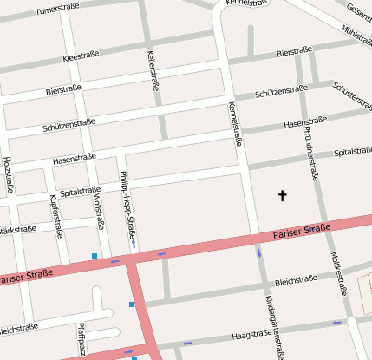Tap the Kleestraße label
coord(82,56)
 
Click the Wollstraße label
coord(97,212)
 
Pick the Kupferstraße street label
coord(55,217)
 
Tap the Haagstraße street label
coord(253,334)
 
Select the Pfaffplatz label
coord(82,340)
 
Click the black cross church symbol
coord(282,196)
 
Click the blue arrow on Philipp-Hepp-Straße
coord(134,244)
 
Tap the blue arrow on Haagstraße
coord(336,323)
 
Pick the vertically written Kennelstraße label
coord(233,124)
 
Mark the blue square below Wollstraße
coord(94,255)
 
